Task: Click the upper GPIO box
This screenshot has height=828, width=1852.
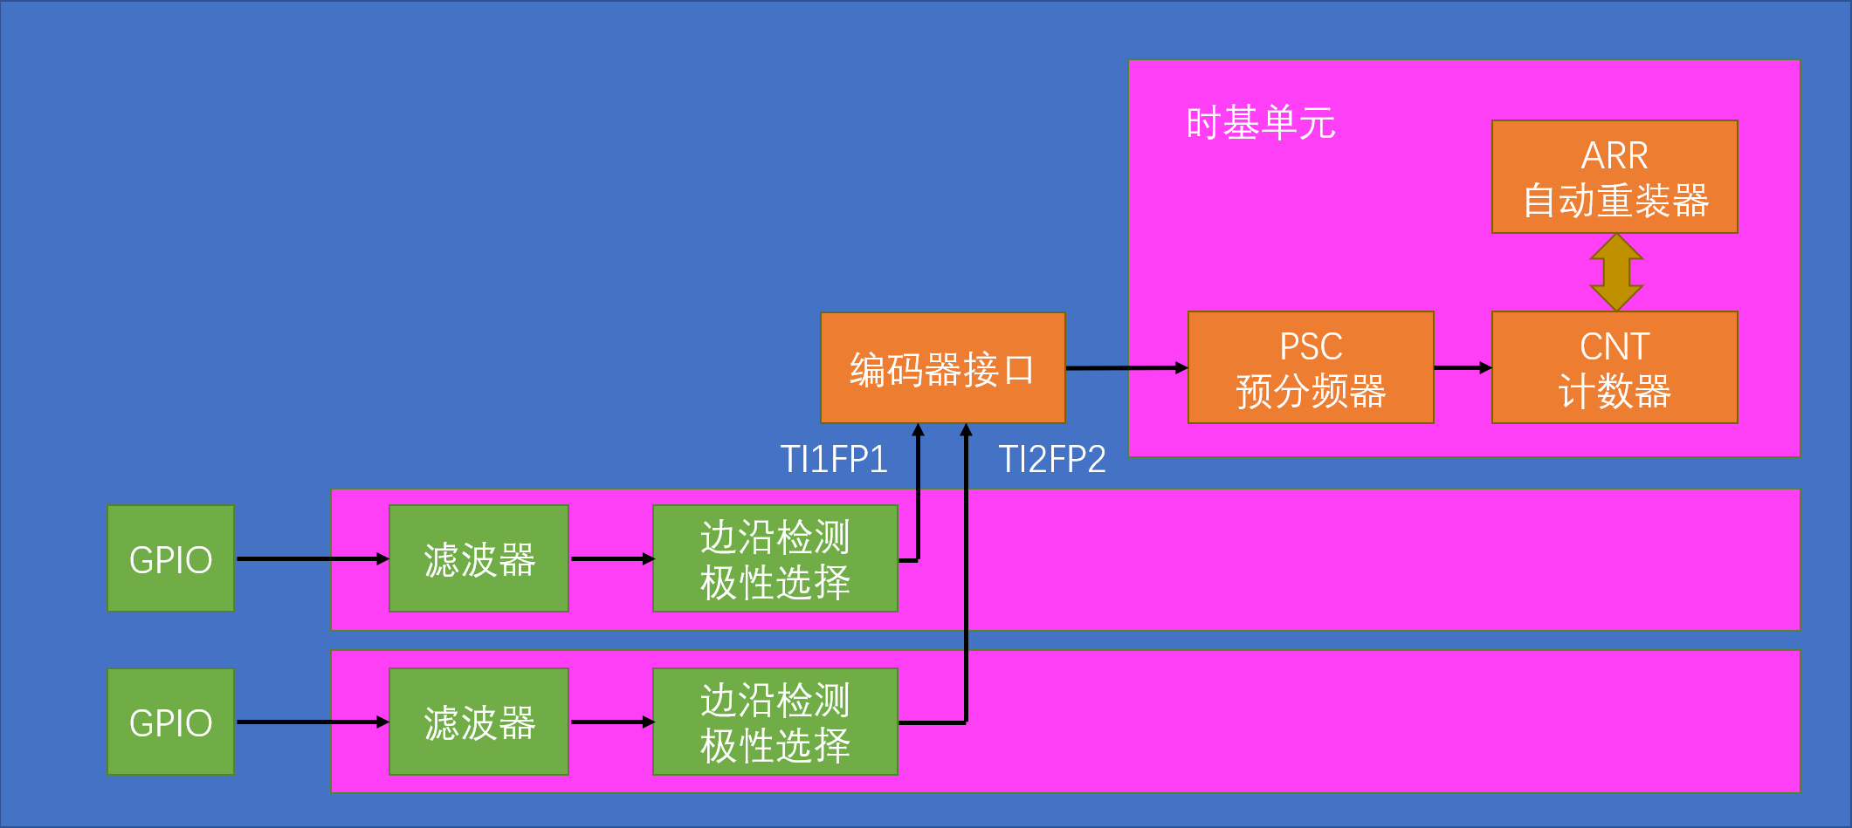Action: point(170,558)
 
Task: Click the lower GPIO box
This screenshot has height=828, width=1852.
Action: point(170,722)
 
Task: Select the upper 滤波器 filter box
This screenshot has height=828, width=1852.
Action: point(478,558)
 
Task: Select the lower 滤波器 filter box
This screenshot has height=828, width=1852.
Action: point(478,722)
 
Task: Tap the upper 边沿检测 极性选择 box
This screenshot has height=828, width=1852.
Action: point(775,558)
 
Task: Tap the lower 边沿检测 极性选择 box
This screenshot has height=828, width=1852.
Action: point(775,722)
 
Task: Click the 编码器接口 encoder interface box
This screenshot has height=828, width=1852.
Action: point(942,368)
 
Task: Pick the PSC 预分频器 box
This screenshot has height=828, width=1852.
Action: point(1310,368)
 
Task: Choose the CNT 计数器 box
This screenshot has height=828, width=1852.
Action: point(1614,368)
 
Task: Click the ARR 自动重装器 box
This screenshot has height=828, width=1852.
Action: point(1614,177)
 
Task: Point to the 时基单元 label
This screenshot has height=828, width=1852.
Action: point(1260,123)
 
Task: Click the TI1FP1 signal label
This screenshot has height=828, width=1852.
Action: point(833,459)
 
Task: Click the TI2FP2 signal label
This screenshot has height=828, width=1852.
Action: point(1051,459)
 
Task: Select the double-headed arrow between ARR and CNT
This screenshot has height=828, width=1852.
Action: point(1616,272)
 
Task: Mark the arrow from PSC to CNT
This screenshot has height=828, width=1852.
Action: point(1463,368)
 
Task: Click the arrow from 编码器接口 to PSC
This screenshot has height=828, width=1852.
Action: point(1126,368)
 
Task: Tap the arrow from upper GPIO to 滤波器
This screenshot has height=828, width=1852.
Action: point(312,558)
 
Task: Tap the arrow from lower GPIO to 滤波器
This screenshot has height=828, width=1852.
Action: point(312,722)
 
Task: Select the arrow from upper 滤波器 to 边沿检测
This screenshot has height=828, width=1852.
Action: point(611,558)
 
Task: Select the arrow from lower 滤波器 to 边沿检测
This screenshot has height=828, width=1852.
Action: point(611,722)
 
